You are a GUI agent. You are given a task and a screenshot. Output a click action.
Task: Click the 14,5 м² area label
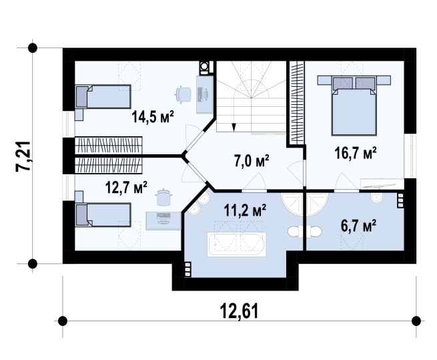153,117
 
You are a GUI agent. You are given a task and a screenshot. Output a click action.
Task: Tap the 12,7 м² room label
126,187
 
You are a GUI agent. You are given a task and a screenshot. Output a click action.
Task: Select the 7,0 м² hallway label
252,160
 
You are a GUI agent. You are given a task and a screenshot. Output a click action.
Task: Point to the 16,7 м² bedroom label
356,153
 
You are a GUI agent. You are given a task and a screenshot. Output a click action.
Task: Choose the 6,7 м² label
359,225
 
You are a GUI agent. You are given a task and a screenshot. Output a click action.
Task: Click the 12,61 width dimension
239,311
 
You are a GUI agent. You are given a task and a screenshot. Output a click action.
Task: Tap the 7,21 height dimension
23,156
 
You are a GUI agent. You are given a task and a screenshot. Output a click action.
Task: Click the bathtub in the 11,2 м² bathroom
236,244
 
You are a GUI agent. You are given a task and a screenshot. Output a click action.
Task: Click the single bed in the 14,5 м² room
103,97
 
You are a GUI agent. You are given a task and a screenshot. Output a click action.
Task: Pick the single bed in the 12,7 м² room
103,214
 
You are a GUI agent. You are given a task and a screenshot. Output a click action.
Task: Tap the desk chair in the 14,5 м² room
183,94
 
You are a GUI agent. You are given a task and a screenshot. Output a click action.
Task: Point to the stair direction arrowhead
234,128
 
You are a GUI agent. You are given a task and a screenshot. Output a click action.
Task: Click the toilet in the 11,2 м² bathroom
295,232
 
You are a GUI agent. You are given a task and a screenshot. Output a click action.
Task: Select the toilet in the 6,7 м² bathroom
314,232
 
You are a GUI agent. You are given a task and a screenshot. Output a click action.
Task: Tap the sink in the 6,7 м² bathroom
376,198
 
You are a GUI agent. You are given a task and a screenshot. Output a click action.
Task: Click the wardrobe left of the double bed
296,102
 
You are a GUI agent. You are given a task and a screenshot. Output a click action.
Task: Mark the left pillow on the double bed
343,83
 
